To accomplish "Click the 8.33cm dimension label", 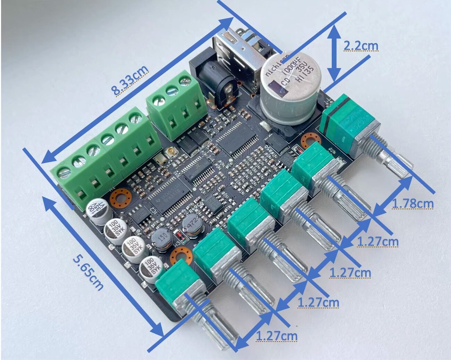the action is click(x=130, y=80).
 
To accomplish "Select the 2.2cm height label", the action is click(x=361, y=46).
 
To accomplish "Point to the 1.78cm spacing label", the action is click(x=412, y=203).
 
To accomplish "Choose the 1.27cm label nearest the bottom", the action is click(x=276, y=336).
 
